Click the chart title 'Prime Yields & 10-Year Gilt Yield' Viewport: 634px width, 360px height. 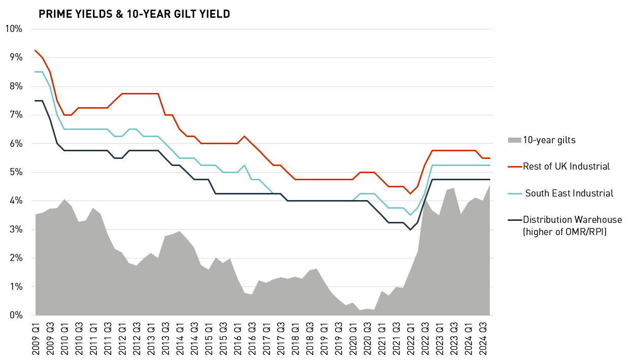coord(134,14)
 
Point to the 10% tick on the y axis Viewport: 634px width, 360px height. coord(13,28)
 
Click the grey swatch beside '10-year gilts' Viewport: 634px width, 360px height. coord(514,140)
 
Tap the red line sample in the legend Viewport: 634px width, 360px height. coord(514,167)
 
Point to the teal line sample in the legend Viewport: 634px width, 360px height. coord(514,193)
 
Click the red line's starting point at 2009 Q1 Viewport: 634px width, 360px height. coord(35,50)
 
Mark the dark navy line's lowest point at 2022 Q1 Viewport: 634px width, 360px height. coord(410,230)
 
